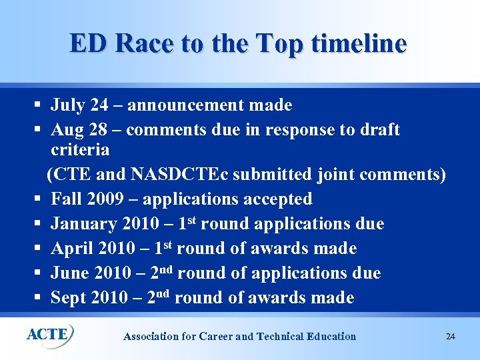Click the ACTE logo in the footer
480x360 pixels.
[x=51, y=335]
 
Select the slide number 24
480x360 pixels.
[x=451, y=337]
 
